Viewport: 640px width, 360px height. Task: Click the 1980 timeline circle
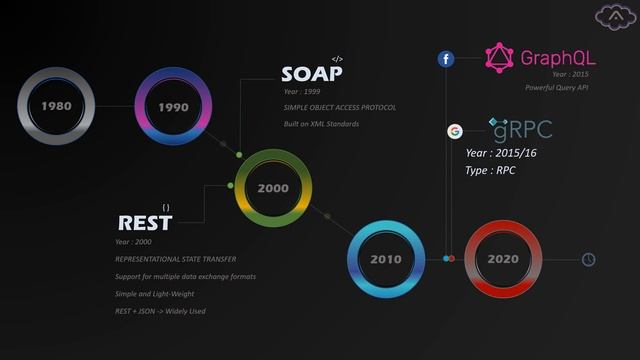(x=56, y=105)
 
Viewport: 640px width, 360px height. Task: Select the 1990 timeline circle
(x=173, y=106)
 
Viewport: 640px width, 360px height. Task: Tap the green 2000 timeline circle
(x=273, y=188)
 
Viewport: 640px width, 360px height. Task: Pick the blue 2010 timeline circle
(x=386, y=259)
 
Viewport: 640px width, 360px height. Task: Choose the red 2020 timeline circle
(x=503, y=259)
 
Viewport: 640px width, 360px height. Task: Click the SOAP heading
(x=312, y=75)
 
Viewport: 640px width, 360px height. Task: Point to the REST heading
(x=145, y=224)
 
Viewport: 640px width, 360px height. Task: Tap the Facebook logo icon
(x=446, y=59)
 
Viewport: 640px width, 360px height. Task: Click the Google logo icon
(x=454, y=131)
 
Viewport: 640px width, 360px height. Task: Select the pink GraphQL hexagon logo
(x=499, y=58)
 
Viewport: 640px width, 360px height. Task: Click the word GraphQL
(x=558, y=58)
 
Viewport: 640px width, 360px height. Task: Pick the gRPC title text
(x=521, y=129)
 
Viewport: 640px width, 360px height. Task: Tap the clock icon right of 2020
(x=589, y=260)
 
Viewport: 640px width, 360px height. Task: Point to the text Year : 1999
(x=303, y=92)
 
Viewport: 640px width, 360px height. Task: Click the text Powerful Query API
(x=556, y=88)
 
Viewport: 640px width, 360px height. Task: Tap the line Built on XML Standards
(x=321, y=124)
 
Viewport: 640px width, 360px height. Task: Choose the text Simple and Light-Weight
(x=155, y=294)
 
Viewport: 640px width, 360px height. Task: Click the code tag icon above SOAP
(x=337, y=59)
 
